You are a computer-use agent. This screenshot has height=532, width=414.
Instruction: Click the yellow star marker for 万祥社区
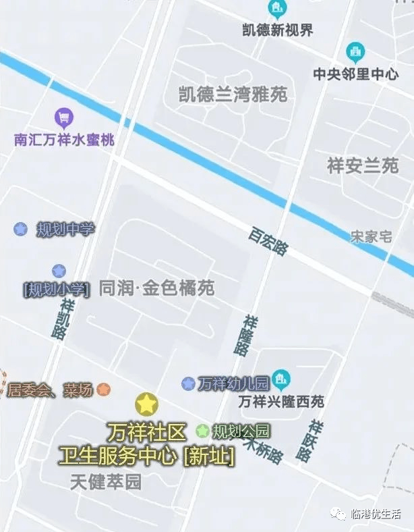click(146, 404)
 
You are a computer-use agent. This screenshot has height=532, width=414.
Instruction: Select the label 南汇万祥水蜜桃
click(65, 140)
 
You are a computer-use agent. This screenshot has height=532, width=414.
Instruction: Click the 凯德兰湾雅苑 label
click(233, 95)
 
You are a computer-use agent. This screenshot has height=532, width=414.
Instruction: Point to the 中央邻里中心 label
click(355, 74)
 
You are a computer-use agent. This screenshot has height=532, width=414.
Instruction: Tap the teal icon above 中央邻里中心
click(355, 51)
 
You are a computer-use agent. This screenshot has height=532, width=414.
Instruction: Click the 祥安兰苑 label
click(363, 165)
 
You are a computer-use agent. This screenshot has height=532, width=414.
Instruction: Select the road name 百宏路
click(268, 241)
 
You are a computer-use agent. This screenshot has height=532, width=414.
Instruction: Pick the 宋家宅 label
click(371, 236)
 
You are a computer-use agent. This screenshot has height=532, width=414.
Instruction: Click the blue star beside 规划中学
click(21, 229)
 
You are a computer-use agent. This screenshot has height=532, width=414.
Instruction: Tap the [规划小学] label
click(56, 289)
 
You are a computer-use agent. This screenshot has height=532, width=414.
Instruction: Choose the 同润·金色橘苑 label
click(156, 288)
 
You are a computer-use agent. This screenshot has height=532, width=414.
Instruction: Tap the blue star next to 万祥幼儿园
click(188, 383)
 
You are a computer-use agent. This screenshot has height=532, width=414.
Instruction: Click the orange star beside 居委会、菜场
click(103, 390)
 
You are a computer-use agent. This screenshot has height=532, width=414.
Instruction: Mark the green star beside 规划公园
click(202, 430)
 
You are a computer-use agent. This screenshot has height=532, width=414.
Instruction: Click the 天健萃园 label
click(107, 482)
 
